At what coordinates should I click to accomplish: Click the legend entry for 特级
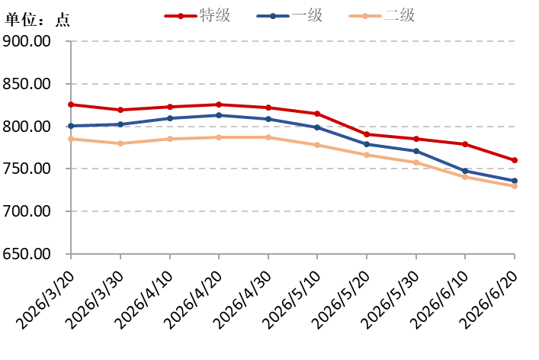pos(197,15)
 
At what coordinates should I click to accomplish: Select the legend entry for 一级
pos(290,15)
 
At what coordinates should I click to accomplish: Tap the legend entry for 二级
pos(381,15)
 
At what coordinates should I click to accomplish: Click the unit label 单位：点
pos(37,20)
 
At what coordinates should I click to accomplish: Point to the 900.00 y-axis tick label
pos(27,41)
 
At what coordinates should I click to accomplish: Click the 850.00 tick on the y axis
pos(27,84)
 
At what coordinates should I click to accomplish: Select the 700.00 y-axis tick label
pos(27,211)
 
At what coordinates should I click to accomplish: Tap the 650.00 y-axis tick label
pos(27,254)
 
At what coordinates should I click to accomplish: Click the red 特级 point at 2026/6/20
pos(515,160)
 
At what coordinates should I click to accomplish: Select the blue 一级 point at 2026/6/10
pos(465,171)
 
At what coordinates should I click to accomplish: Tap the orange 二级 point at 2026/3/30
pos(120,143)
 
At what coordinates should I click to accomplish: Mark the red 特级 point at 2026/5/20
pos(367,134)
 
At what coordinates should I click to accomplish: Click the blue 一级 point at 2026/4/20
pos(219,115)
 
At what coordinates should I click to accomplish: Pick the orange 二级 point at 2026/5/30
pos(416,162)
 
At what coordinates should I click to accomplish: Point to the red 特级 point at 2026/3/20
pos(71,104)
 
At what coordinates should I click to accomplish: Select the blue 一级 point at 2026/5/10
pos(317,127)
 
